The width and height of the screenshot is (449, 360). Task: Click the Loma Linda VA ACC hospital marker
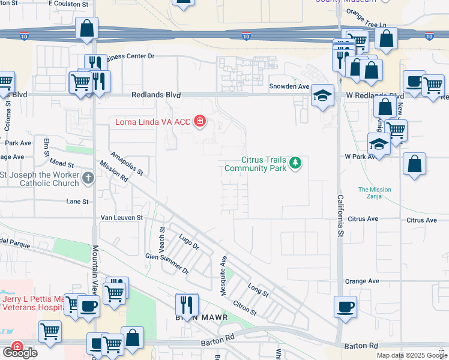coord(199,122)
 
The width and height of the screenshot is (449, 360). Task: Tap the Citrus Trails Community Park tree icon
coord(295,163)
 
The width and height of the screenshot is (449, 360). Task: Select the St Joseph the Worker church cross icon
coord(88,178)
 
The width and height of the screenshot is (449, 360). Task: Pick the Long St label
coord(258,290)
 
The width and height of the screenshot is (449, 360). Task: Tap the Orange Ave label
coord(363,281)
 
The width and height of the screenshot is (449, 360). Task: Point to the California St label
coord(340,215)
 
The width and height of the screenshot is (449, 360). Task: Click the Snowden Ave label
coord(289,86)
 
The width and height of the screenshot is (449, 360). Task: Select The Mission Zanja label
coord(375,193)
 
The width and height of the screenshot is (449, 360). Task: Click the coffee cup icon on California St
coord(346,307)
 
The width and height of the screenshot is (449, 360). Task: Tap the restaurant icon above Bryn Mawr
coord(187,304)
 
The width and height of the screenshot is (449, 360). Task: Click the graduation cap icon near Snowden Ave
coord(322,95)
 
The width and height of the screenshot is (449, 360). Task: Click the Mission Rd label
coord(114,172)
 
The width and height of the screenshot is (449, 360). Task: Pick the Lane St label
coord(77,202)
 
